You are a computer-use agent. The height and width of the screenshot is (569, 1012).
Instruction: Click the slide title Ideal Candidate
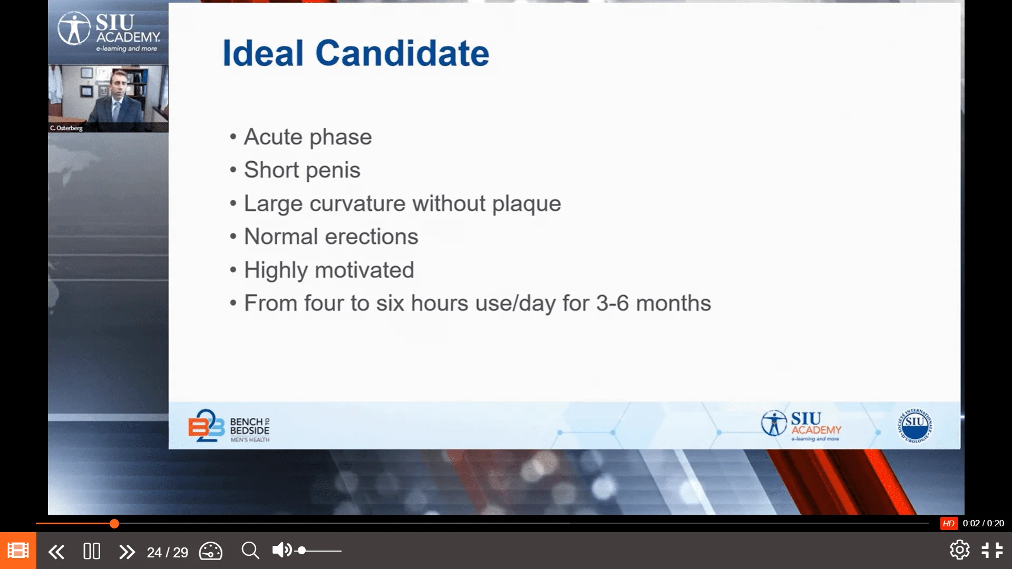356,53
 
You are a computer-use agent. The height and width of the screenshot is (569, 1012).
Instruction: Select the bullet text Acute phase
308,137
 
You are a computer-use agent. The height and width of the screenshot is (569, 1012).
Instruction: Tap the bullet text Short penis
302,170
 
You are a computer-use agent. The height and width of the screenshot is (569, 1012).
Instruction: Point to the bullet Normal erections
331,237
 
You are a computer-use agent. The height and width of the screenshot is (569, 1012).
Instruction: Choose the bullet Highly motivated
329,270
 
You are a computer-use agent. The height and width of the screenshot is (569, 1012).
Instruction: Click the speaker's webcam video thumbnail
108,98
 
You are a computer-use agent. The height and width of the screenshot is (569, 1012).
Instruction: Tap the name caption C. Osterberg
66,128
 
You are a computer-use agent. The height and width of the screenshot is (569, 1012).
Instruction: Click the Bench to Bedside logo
229,426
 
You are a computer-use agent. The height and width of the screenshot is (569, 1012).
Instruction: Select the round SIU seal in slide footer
915,425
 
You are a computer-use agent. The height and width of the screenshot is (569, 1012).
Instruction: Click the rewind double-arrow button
56,552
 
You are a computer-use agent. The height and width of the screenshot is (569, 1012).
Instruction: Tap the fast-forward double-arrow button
127,552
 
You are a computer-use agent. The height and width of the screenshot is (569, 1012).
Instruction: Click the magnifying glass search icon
250,551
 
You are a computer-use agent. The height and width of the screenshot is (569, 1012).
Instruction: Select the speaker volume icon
282,550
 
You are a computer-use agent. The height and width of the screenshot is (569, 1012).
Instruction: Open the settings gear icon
960,550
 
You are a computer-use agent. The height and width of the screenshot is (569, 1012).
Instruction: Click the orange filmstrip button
18,551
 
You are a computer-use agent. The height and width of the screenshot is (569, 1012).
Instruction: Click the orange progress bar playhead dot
114,524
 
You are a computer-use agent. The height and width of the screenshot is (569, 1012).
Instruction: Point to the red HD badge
949,523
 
